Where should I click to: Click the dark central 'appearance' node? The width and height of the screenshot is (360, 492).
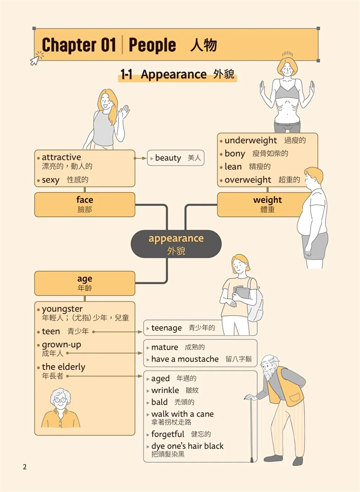click(176, 244)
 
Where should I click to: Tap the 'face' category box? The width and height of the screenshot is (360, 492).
click(84, 205)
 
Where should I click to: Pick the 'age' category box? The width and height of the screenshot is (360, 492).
click(84, 283)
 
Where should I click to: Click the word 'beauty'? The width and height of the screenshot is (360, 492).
click(168, 158)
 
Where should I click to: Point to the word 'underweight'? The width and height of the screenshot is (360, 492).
click(251, 140)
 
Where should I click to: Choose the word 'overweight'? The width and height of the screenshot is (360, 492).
click(248, 180)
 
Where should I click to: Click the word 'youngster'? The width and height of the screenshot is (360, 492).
click(62, 309)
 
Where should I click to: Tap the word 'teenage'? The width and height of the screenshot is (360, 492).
click(167, 328)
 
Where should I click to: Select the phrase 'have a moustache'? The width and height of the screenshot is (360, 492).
click(185, 359)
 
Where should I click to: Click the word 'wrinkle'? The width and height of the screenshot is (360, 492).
click(165, 390)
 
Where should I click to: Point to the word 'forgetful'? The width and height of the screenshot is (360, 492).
click(168, 434)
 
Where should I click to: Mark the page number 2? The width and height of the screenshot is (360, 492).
click(25, 467)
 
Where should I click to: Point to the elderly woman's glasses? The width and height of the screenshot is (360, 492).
click(60, 400)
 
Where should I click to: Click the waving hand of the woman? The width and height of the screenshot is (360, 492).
click(124, 112)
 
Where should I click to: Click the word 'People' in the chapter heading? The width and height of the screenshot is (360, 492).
click(152, 46)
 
